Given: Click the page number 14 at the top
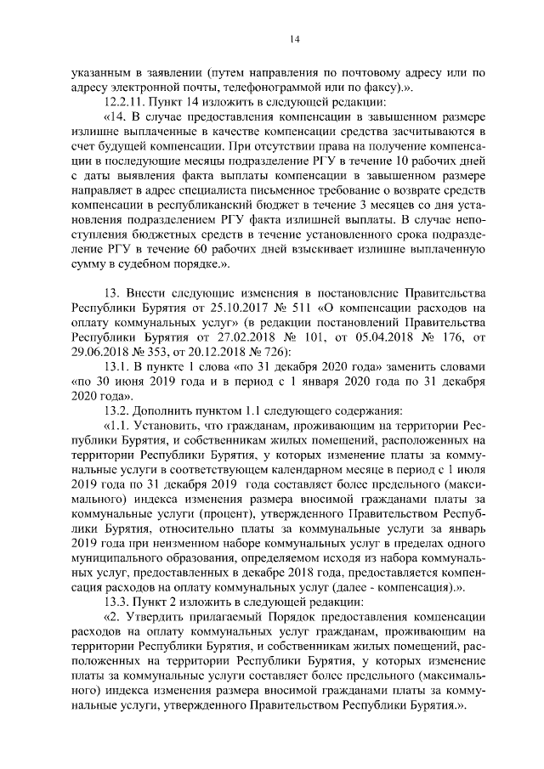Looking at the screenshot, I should tap(272, 38).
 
